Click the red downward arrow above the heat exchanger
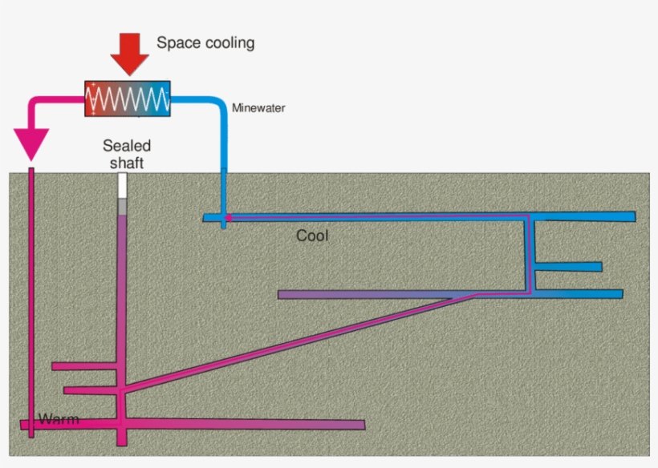tap(129, 54)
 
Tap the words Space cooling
tap(205, 42)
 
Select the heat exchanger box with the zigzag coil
tap(128, 99)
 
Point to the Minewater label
tap(258, 107)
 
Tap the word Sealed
tap(127, 146)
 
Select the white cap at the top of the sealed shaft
tap(123, 186)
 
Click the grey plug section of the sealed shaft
tap(123, 207)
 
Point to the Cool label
tap(312, 236)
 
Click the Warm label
tap(59, 419)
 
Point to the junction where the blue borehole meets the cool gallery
tap(224, 217)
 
